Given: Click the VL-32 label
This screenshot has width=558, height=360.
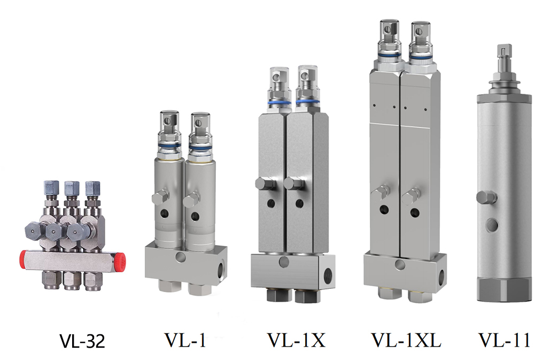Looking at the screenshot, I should click(81, 341).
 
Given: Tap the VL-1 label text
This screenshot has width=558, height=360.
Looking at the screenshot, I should click(185, 340).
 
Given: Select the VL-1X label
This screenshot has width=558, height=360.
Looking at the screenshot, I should click(296, 340).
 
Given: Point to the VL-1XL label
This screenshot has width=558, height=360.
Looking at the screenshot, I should click(406, 340).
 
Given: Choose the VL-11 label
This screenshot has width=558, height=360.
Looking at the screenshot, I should click(504, 340).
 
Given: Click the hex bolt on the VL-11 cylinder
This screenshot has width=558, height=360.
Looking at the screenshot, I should click(486, 197).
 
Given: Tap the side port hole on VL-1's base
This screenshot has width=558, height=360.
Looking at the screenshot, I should click(220, 266).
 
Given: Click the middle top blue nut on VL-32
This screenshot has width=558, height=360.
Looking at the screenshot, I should click(71, 188).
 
